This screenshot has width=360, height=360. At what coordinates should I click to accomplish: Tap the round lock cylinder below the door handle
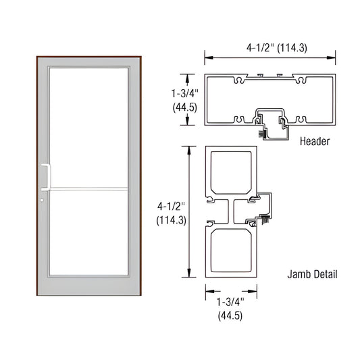[42, 200]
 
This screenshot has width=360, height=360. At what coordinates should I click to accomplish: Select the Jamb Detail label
[311, 275]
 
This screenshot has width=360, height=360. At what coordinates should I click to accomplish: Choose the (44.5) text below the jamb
[230, 315]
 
